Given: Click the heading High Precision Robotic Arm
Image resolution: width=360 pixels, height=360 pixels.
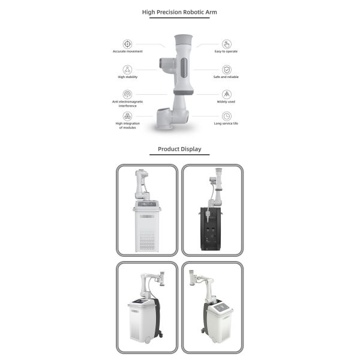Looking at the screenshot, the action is tap(179, 12).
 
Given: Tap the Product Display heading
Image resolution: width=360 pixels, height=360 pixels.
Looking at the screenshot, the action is tap(179, 149).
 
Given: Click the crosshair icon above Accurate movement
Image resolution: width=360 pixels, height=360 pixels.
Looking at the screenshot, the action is tap(127, 44).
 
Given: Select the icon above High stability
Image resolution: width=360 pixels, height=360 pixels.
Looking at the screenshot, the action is tap(127, 70).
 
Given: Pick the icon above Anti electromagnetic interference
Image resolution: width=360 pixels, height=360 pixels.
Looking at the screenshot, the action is tap(127, 94).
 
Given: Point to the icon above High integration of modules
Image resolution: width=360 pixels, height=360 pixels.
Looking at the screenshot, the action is tap(127, 116).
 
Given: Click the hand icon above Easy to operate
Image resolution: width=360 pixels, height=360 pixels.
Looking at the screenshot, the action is tap(226, 44).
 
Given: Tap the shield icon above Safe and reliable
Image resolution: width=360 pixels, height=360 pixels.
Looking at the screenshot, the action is tap(226, 70).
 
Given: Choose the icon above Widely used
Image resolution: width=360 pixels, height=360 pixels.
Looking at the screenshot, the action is tap(226, 94).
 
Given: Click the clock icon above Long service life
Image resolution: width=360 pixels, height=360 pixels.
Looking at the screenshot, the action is tap(226, 116).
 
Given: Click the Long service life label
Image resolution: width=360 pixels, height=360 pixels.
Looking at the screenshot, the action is tap(226, 123).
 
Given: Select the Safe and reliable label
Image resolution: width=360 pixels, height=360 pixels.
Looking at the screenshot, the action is tap(226, 77).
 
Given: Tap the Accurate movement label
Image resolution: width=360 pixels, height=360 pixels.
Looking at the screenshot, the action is tap(127, 51).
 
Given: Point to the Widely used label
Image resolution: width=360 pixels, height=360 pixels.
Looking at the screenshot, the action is tap(226, 101).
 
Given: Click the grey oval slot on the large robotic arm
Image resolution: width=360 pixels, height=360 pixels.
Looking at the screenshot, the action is tap(184, 68).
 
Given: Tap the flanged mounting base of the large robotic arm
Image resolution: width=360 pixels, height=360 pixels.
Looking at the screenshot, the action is tap(164, 127).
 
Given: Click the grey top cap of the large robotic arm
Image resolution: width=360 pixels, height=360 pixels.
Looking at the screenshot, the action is tap(183, 40).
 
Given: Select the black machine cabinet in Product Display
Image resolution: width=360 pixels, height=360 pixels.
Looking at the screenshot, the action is tap(211, 229).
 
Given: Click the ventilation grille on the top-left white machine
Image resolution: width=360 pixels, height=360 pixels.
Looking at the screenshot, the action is tap(147, 240).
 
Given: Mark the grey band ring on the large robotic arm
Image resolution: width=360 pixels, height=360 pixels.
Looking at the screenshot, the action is tap(184, 92).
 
